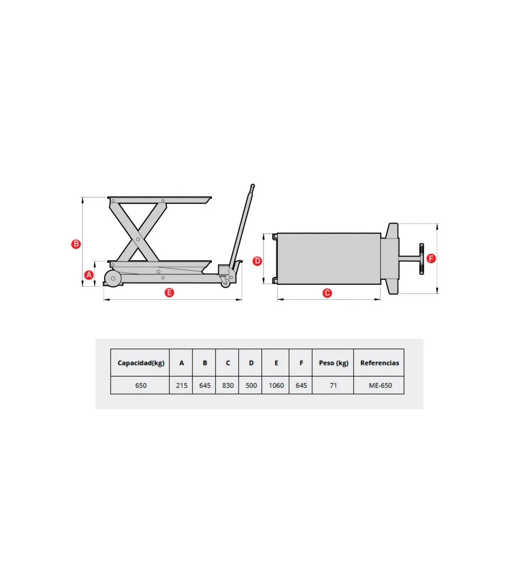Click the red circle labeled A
89,275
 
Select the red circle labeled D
257,261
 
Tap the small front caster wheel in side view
226,283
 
